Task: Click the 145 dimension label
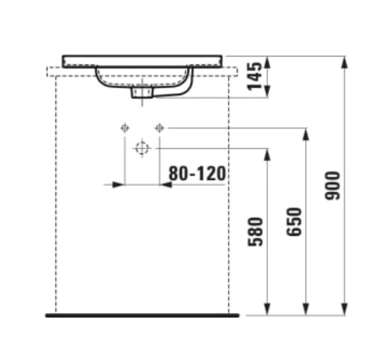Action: (255, 76)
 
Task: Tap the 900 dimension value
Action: (332, 185)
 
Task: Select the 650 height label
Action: (294, 222)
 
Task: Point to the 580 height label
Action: (255, 232)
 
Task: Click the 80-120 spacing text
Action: (197, 173)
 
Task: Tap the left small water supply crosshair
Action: (124, 128)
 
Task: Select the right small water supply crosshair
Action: (159, 128)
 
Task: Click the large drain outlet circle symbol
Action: (142, 149)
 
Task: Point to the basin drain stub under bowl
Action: (141, 92)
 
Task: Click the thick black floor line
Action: (142, 315)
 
